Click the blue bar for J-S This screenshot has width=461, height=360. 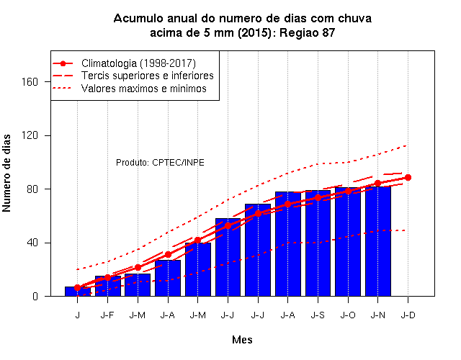[x=318, y=243]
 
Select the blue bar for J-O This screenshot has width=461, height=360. [x=348, y=242]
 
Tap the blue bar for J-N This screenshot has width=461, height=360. [x=378, y=241]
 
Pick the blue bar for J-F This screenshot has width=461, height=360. [x=107, y=286]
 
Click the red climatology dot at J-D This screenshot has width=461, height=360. [x=408, y=178]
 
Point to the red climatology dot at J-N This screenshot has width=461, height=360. [x=377, y=183]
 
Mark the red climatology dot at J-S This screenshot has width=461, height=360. [x=318, y=197]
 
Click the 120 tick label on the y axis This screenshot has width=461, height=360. [x=30, y=135]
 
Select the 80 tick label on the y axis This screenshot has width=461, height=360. [x=32, y=189]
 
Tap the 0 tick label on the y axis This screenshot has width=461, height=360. [x=35, y=296]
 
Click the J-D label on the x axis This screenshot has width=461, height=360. [x=408, y=315]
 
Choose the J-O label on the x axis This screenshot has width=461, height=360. [x=348, y=315]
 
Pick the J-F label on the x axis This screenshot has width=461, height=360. [x=107, y=315]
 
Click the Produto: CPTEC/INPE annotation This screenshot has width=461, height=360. [x=160, y=163]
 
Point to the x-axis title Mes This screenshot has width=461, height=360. [x=242, y=340]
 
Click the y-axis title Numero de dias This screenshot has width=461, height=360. [x=6, y=174]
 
